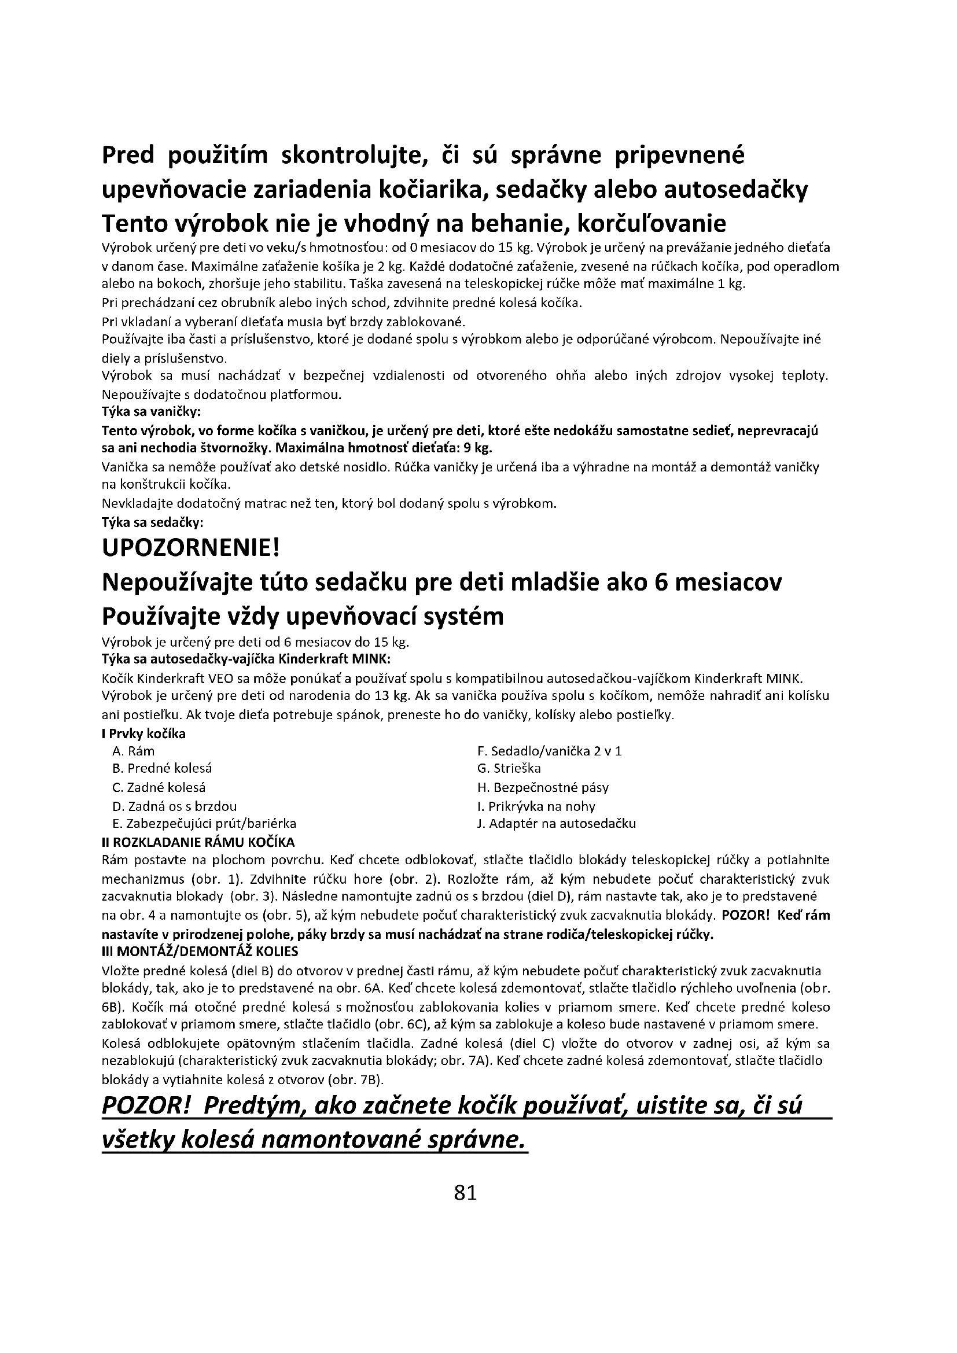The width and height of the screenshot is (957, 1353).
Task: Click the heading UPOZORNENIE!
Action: (x=190, y=548)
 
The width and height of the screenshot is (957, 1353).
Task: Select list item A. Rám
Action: (x=133, y=751)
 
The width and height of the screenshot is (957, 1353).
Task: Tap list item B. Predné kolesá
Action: (x=161, y=768)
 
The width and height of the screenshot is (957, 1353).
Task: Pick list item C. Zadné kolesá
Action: (x=159, y=787)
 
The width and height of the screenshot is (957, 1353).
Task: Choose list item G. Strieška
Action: (x=509, y=768)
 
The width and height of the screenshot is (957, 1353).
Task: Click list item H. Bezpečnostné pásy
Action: (x=543, y=787)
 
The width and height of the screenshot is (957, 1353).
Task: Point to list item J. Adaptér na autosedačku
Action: (x=556, y=824)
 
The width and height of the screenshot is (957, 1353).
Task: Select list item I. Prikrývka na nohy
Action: (x=536, y=806)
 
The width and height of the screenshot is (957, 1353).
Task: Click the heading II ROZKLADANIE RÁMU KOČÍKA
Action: (x=198, y=842)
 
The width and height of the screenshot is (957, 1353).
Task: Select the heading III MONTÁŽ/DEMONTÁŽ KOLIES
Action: (x=200, y=952)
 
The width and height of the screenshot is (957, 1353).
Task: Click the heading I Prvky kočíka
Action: (x=144, y=733)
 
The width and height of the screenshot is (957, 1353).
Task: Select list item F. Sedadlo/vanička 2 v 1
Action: (x=549, y=751)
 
